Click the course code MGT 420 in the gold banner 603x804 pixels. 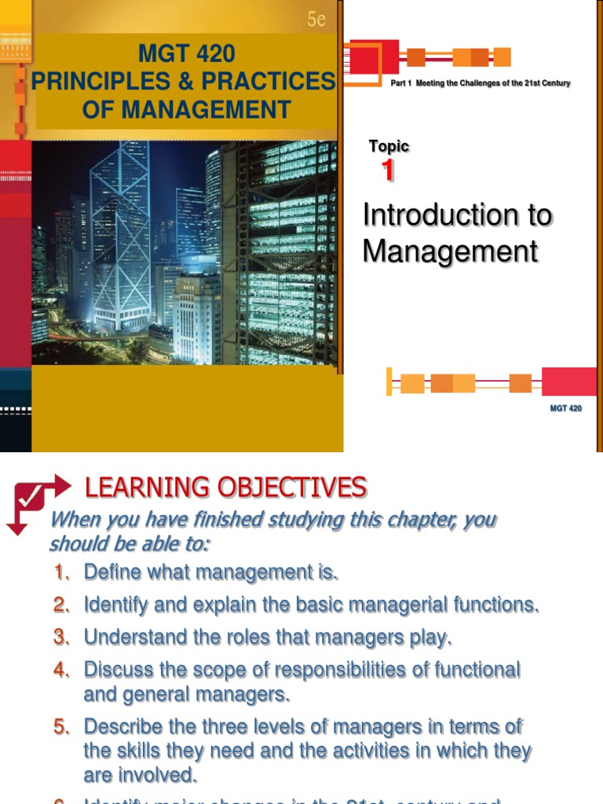186,55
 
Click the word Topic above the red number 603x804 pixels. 389,146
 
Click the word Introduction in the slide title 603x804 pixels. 435,215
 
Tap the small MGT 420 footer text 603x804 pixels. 565,408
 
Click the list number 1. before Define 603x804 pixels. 63,572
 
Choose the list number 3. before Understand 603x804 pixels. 63,638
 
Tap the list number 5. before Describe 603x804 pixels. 62,727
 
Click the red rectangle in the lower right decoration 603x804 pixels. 569,382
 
